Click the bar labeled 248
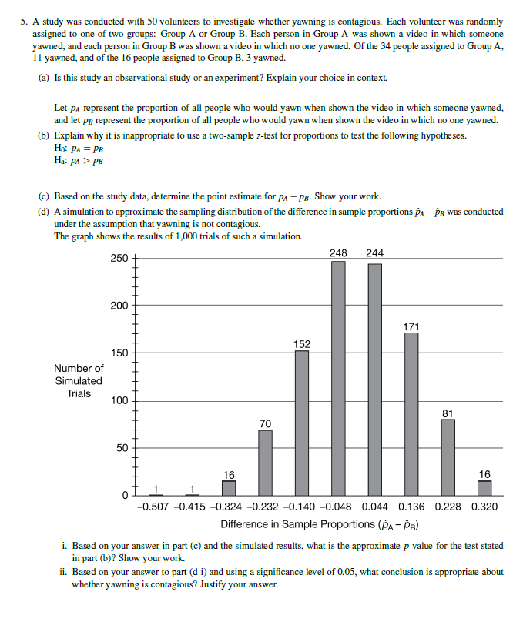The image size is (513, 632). click(338, 377)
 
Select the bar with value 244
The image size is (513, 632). click(375, 379)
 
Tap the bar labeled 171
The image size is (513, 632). click(411, 413)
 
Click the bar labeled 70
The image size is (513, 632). click(265, 462)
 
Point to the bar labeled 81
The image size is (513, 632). click(448, 457)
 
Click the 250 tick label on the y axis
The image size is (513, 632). click(119, 259)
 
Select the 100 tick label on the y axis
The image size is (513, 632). click(119, 400)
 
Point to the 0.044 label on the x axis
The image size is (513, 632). click(374, 507)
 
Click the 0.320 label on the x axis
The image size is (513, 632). click(484, 507)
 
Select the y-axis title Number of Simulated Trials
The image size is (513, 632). click(79, 381)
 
